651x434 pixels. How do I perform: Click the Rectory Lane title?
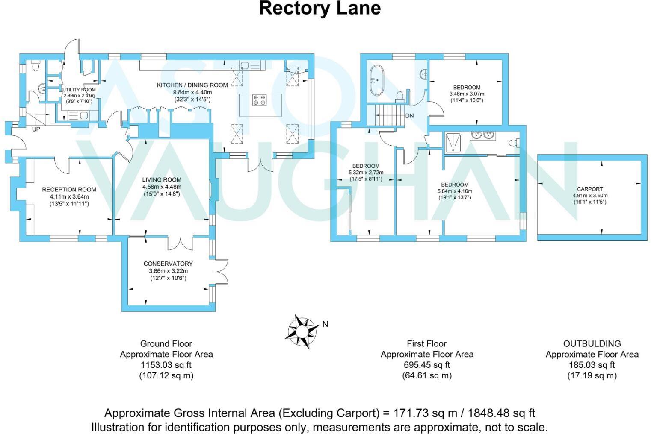(x=320, y=9)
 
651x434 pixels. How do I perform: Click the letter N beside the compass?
(x=325, y=324)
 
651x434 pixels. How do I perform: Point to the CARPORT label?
(x=590, y=189)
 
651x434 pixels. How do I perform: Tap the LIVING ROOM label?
(x=162, y=180)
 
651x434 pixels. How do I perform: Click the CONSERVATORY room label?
(x=168, y=264)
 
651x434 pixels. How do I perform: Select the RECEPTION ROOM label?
(x=69, y=190)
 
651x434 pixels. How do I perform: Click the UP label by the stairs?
(x=36, y=129)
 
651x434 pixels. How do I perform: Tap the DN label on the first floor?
(x=409, y=116)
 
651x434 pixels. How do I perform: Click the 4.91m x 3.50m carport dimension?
(x=590, y=196)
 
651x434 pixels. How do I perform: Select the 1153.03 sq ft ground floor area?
(x=166, y=365)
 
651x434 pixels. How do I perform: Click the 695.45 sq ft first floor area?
(x=427, y=365)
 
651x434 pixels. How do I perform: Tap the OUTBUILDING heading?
(x=592, y=343)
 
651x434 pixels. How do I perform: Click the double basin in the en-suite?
(x=483, y=135)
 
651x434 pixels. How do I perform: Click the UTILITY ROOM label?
(x=79, y=90)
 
